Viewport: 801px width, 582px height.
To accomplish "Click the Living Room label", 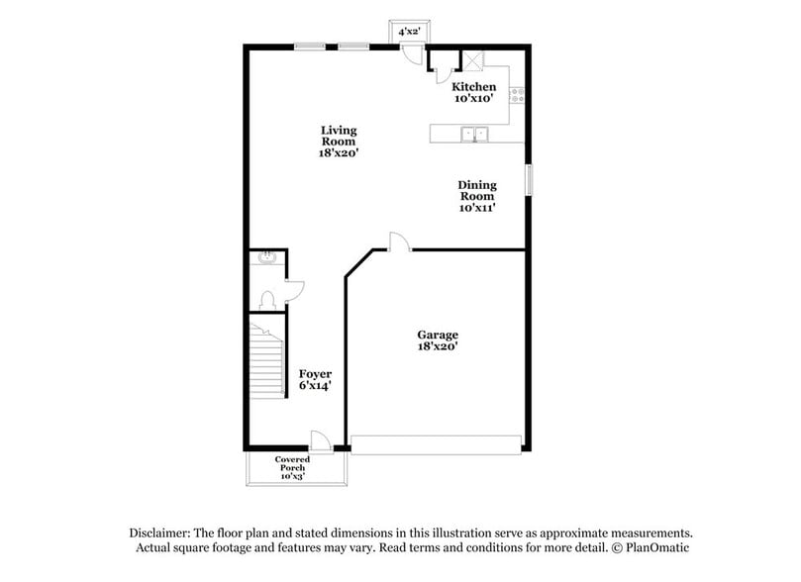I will [339, 136].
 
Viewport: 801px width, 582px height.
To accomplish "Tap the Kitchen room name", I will [474, 87].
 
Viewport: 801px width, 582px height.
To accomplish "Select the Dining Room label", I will [476, 190].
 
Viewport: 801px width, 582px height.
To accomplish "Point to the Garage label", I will [437, 335].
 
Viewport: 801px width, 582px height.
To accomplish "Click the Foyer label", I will [315, 373].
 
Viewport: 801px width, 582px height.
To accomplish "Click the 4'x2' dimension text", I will [409, 32].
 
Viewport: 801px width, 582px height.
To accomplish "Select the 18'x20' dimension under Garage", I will [437, 346].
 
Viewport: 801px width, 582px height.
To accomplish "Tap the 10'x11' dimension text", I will [476, 208].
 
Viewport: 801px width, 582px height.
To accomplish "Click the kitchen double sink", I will [475, 133].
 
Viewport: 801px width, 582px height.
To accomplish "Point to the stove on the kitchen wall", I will [516, 95].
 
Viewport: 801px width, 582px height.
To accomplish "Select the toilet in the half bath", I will [266, 299].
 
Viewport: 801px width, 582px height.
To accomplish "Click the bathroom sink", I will [264, 258].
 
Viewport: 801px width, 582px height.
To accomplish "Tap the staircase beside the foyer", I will [265, 360].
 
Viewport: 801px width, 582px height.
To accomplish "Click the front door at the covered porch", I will [320, 440].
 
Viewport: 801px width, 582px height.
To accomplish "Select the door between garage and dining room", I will [397, 242].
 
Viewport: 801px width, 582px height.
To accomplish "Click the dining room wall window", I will [528, 179].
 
